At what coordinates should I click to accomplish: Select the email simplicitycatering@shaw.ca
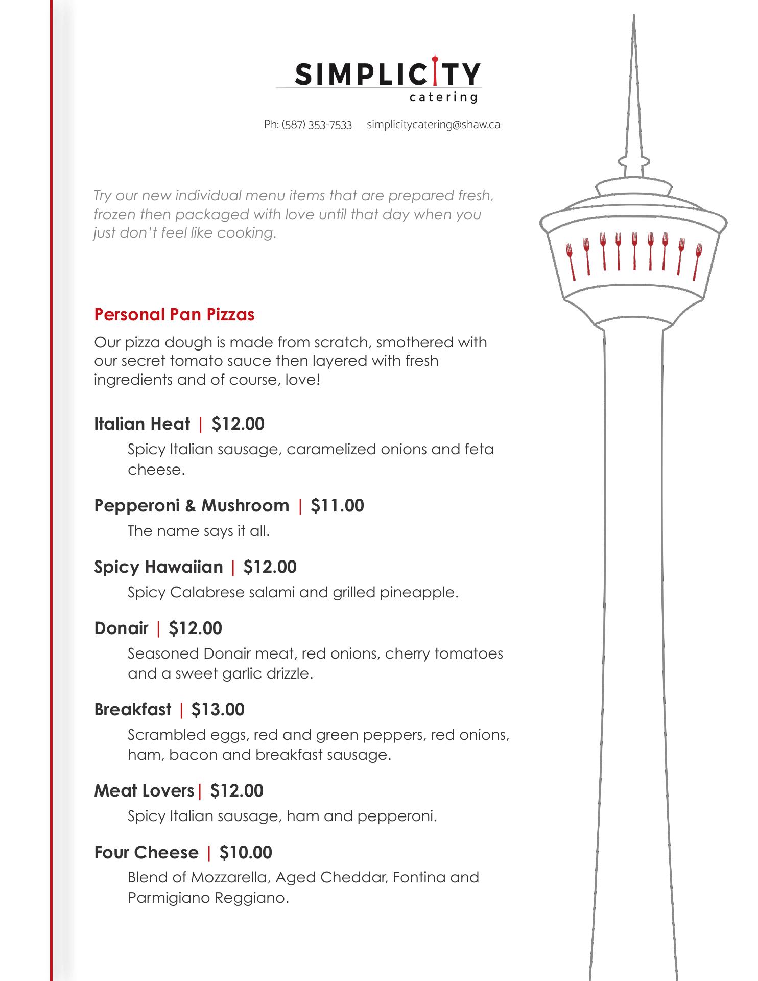[x=433, y=125]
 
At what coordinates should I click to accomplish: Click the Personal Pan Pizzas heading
[x=174, y=314]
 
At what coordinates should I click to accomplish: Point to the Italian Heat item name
[x=142, y=424]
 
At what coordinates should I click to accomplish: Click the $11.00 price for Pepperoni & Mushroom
[x=337, y=505]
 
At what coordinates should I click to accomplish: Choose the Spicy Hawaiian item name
[x=158, y=567]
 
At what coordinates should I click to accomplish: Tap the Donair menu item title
[x=122, y=628]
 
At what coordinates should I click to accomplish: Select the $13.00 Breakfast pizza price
[x=218, y=709]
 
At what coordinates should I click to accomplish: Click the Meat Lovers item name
[x=144, y=790]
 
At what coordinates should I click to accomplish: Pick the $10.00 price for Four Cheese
[x=246, y=852]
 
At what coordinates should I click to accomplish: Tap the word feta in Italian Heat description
[x=479, y=449]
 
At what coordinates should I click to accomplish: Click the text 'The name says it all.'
[x=198, y=531]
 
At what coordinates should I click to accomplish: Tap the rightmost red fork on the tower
[x=697, y=261]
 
